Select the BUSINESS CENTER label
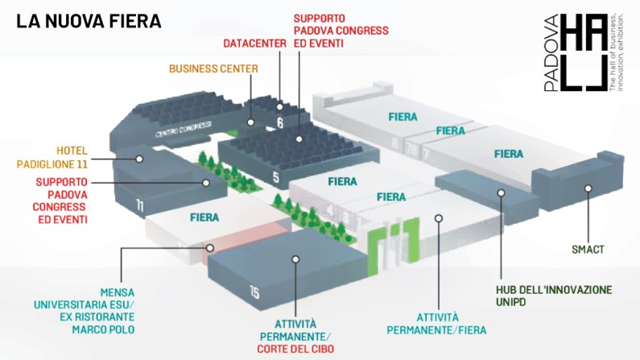[213, 68]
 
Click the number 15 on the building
[254, 293]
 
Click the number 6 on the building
[280, 123]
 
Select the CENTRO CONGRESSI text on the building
[176, 130]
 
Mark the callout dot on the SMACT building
[588, 188]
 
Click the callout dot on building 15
[296, 259]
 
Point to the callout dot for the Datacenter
[251, 122]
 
